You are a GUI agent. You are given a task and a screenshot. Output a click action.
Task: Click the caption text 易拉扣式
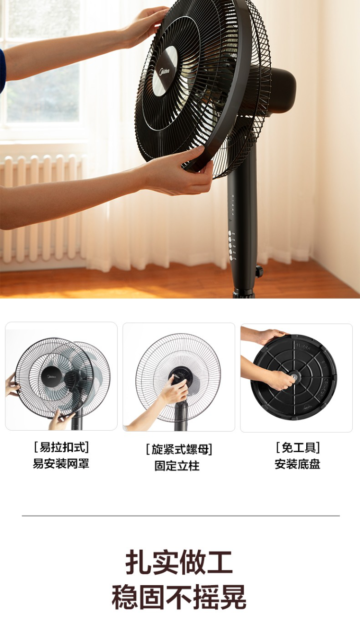click(x=61, y=447)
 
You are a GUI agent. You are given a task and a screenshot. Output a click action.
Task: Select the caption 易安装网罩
click(x=61, y=464)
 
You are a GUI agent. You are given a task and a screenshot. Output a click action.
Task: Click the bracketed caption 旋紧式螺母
click(x=179, y=449)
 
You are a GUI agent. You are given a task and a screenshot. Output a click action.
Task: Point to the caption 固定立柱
click(x=177, y=466)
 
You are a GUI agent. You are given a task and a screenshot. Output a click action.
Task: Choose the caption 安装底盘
click(x=297, y=464)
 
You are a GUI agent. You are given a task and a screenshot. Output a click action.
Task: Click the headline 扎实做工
click(x=179, y=562)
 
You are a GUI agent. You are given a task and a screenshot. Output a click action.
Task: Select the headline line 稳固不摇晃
click(x=179, y=597)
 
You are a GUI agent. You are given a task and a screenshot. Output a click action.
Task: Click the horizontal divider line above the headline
click(x=181, y=516)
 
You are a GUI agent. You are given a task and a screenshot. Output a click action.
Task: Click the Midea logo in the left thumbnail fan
click(x=51, y=377)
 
